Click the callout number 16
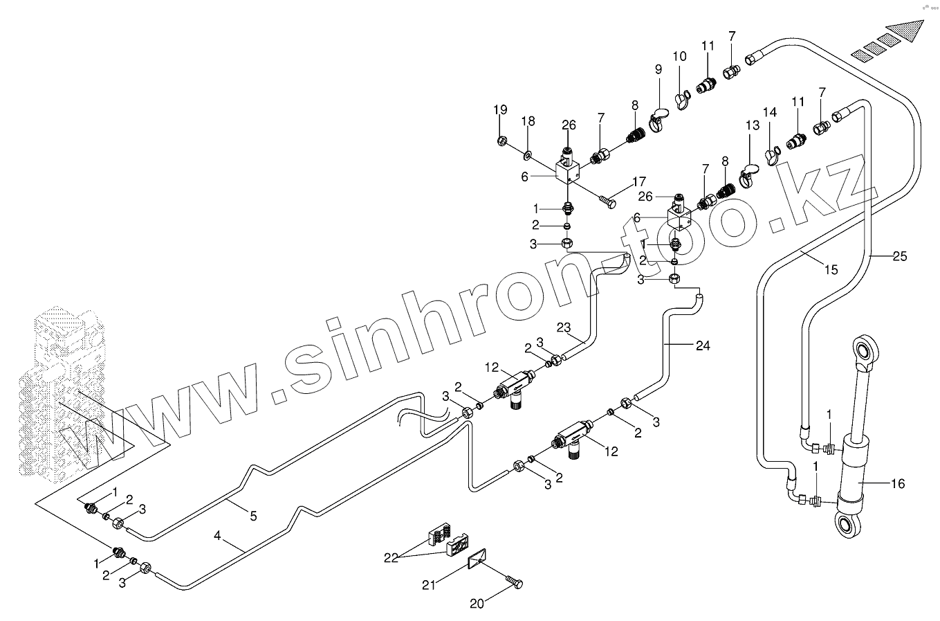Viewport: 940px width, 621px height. pos(897,484)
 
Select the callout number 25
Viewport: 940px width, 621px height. pos(899,257)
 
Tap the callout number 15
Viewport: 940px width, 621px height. pos(830,269)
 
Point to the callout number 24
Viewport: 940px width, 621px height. pos(703,345)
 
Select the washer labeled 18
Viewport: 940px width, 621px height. pos(528,153)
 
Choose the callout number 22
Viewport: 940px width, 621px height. pos(392,558)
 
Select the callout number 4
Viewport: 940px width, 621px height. pos(217,535)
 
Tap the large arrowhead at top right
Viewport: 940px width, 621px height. pos(906,31)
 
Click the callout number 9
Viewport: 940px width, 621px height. pos(658,69)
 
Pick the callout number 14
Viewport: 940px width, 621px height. pos(770,112)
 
